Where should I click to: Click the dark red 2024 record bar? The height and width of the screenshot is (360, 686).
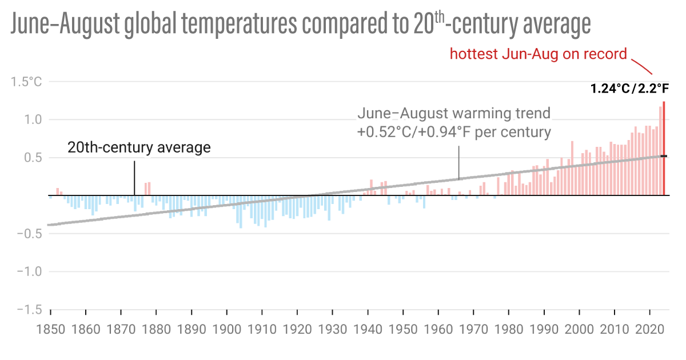[664, 149]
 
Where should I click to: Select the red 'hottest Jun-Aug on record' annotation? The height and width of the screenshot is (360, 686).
[539, 54]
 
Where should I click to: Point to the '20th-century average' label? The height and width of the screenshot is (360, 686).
[139, 147]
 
